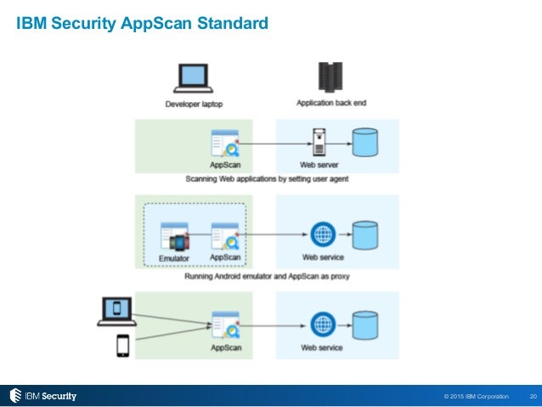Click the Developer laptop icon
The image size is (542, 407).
pos(193,78)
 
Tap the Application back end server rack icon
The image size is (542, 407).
pos(330,77)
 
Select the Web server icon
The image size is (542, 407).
pos(319,142)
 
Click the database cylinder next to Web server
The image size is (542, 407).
pos(365,142)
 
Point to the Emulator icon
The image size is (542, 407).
pos(175,236)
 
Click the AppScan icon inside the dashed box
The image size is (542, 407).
pos(225,236)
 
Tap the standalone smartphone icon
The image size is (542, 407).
pos(123,346)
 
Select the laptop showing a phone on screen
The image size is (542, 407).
pos(117,311)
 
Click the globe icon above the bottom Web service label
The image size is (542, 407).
pos(323,325)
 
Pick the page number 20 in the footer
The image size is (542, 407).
pos(533,396)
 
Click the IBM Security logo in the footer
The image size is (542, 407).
pos(42,396)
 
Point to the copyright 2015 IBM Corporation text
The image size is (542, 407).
pos(477,396)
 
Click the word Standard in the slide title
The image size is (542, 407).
pos(233,23)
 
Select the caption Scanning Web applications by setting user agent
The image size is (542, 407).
pos(267,178)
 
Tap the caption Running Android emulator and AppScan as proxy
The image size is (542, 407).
pos(267,276)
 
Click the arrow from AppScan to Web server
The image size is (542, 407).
pos(275,144)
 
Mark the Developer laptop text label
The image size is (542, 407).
pos(194,104)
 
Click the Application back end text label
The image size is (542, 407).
pos(331,103)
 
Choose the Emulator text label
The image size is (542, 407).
pos(174,258)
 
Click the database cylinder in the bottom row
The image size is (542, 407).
pos(365,325)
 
